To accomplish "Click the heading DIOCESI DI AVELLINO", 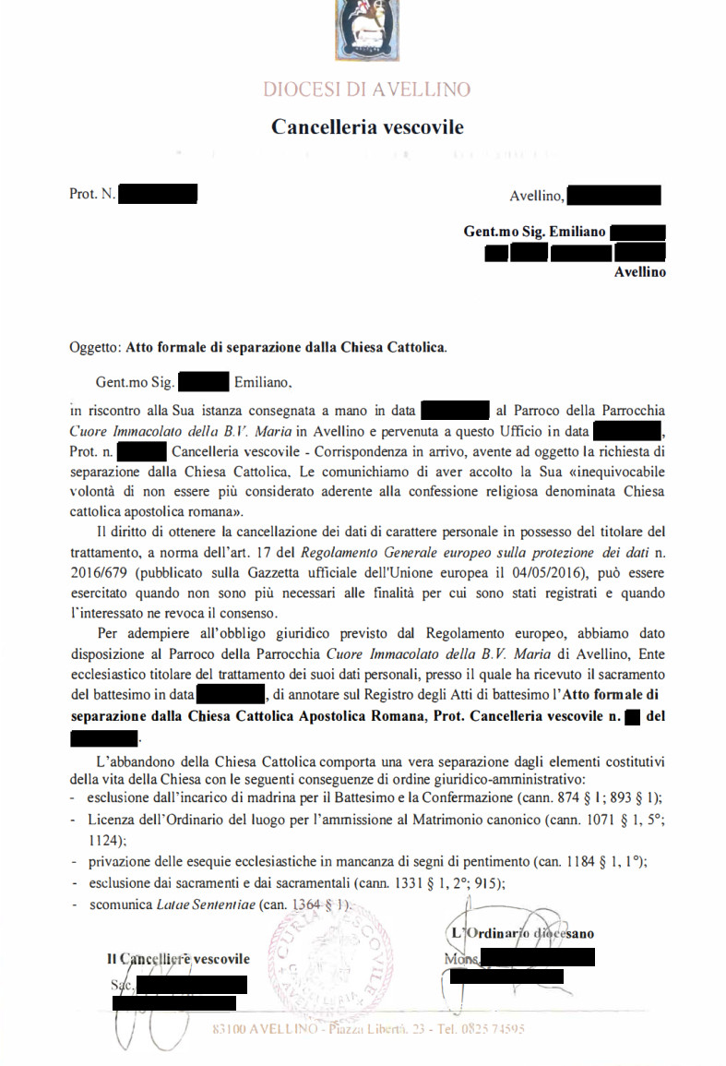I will point(366,90).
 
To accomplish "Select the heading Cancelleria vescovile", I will point(367,126).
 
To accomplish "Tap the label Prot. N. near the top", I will point(92,195).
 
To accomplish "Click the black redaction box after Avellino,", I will point(614,196).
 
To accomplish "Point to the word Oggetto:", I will point(95,348).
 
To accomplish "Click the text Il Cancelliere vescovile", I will point(178,960).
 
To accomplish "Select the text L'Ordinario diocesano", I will point(522,933).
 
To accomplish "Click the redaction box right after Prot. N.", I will point(158,195).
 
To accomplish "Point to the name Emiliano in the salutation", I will point(263,380).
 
